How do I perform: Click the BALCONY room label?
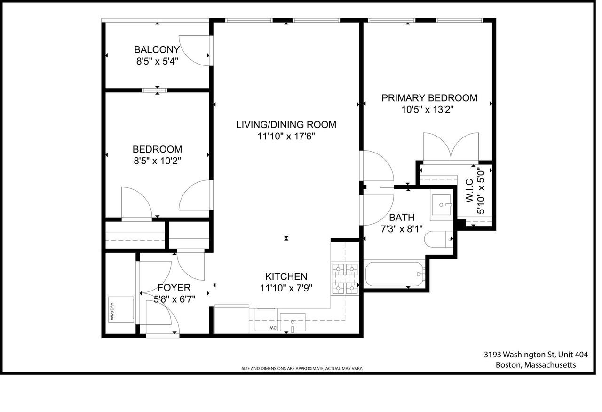pos(157,49)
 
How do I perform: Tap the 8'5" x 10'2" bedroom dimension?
pos(157,161)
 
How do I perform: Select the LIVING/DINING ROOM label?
pos(286,125)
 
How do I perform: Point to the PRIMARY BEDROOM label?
pos(429,98)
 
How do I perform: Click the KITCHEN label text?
pos(286,276)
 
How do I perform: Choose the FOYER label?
pos(174,288)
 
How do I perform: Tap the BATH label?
pos(402,218)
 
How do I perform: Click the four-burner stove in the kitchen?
pos(346,278)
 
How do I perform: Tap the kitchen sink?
pos(293,323)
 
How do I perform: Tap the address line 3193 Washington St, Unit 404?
pos(536,355)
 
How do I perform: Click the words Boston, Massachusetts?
pos(535,365)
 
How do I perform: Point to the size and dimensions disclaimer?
pos(302,368)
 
